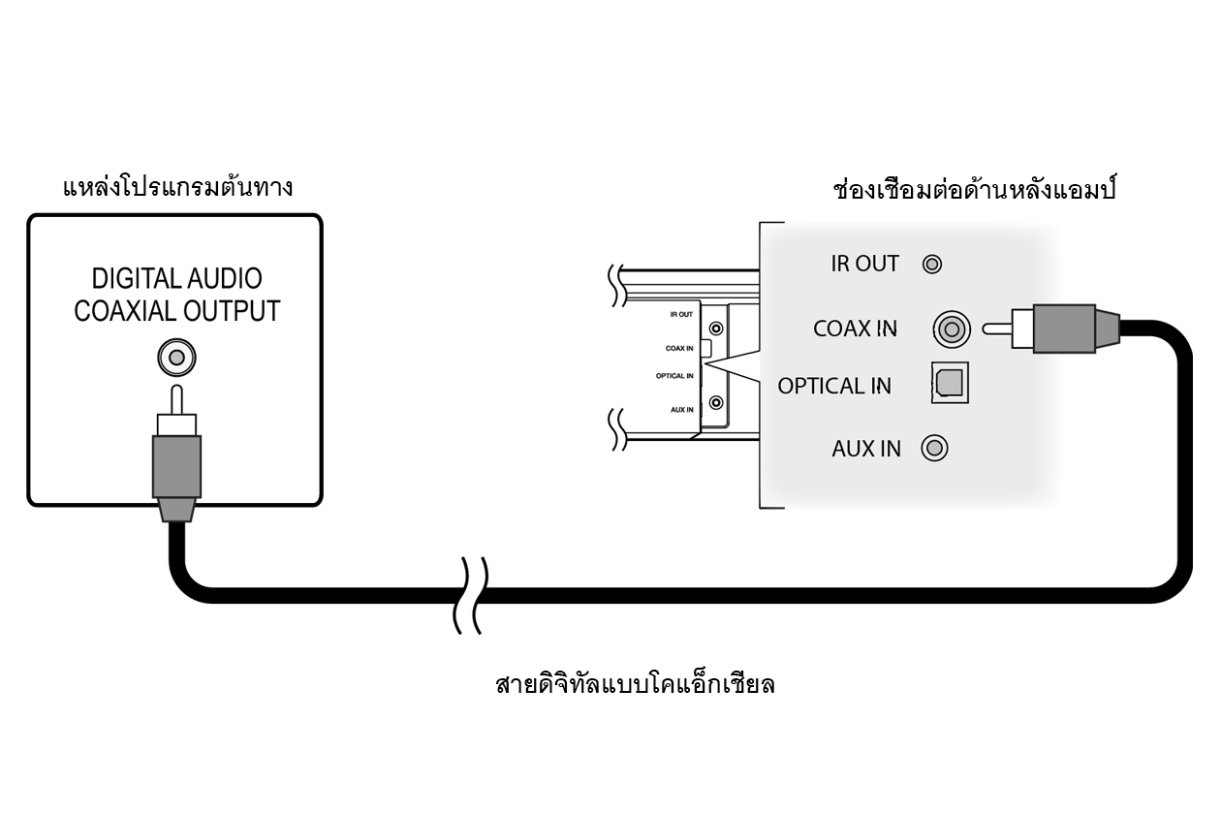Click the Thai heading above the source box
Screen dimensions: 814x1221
(x=177, y=186)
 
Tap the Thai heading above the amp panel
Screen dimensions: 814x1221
(x=975, y=189)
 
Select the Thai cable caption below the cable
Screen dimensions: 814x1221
(x=636, y=685)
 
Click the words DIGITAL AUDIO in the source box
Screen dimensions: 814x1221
(x=176, y=280)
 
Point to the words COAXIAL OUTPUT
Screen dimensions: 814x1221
(x=176, y=312)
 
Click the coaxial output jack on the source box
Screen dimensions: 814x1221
(x=175, y=359)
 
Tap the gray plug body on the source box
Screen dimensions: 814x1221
(x=175, y=466)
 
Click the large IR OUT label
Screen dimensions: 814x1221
(x=864, y=264)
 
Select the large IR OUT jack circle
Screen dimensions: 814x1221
(x=932, y=264)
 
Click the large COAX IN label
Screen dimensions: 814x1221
(x=855, y=329)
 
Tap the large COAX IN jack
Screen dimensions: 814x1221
(x=952, y=329)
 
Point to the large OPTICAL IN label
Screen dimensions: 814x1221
(x=833, y=386)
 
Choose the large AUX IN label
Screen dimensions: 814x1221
(x=865, y=449)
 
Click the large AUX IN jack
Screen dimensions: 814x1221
(x=935, y=448)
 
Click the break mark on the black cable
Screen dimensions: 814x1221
(x=471, y=595)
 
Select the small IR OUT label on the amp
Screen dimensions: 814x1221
(x=681, y=315)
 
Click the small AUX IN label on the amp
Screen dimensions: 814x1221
(x=682, y=410)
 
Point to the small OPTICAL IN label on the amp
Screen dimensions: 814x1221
(x=675, y=376)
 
